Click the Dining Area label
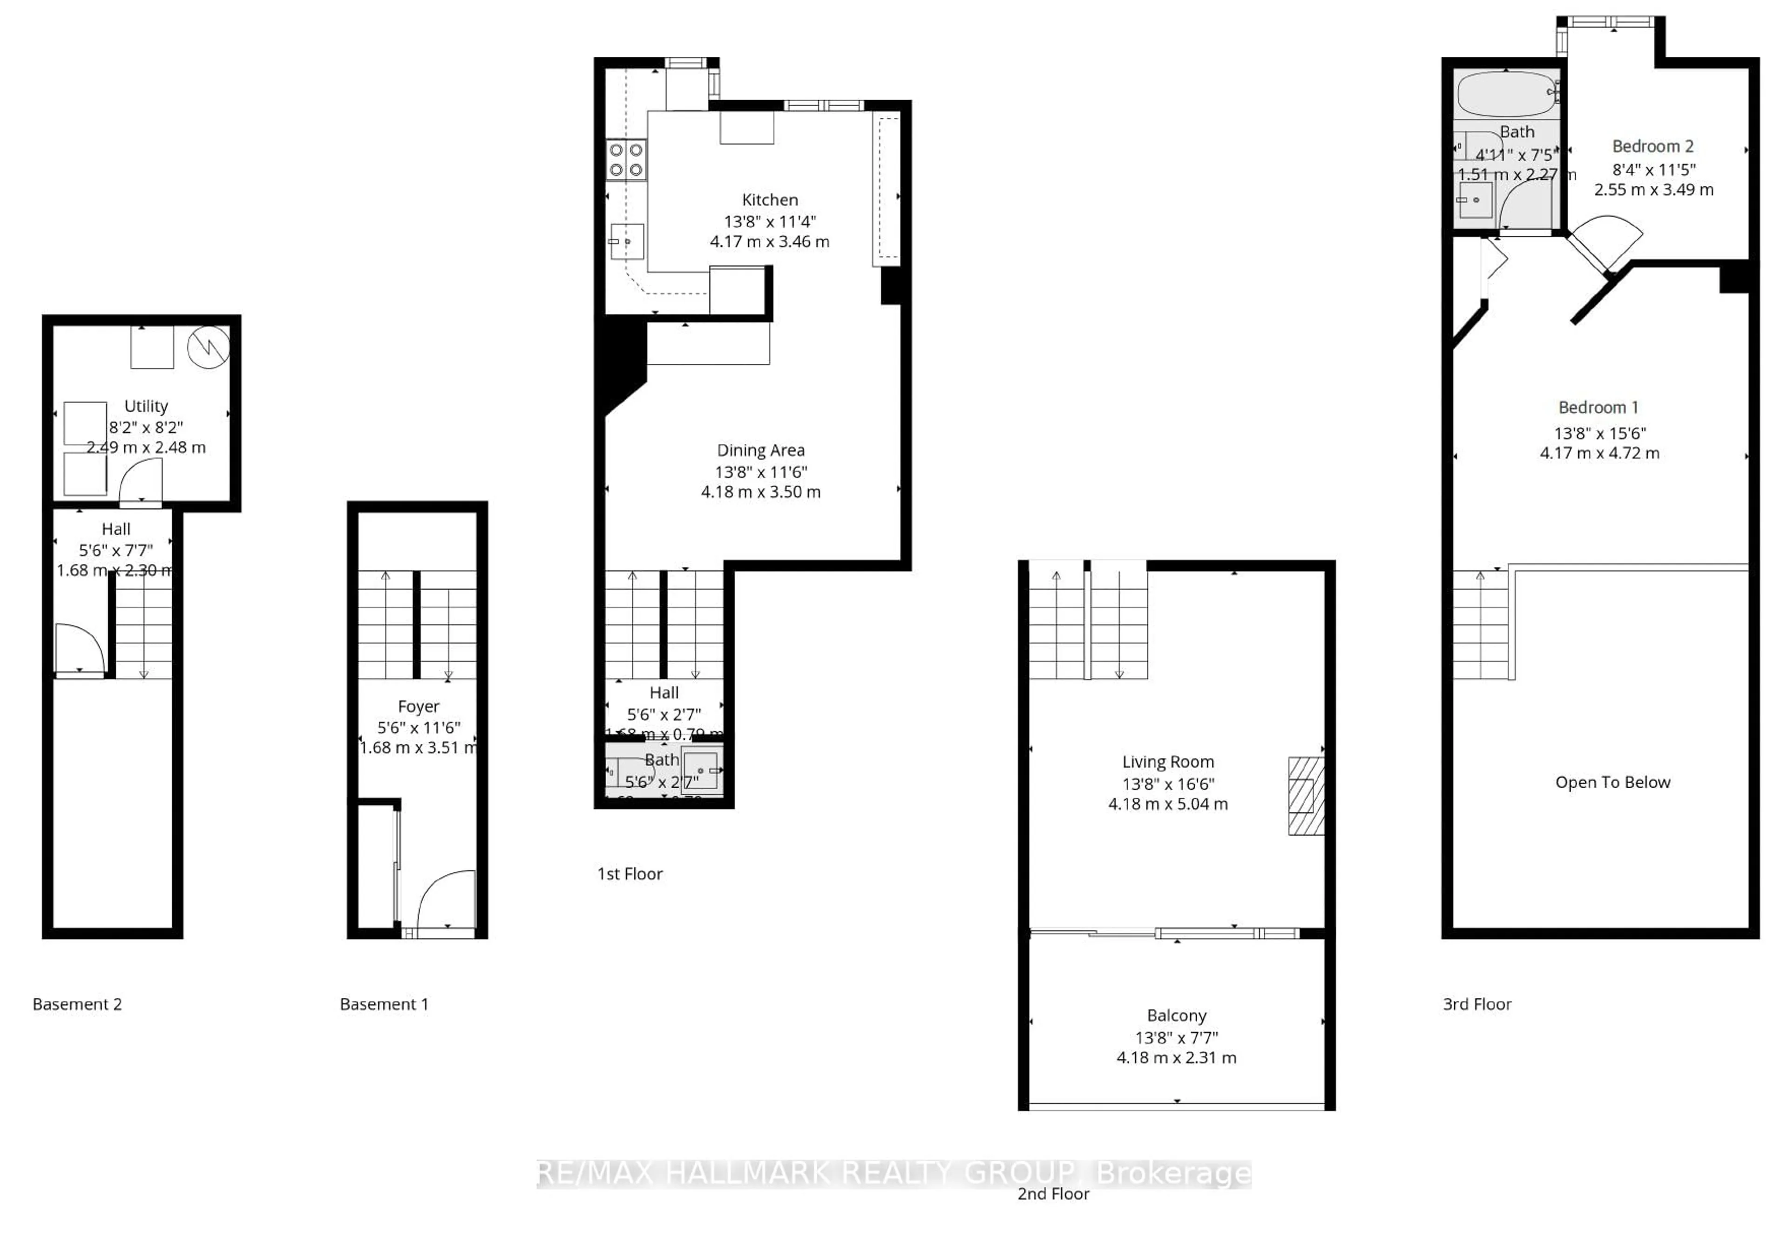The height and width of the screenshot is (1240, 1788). click(x=760, y=450)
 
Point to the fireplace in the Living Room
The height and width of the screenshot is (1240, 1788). click(x=1306, y=796)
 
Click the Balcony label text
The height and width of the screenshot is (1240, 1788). click(x=1176, y=1015)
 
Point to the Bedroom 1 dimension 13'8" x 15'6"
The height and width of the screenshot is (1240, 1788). click(x=1599, y=434)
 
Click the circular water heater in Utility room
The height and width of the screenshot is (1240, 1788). click(x=208, y=347)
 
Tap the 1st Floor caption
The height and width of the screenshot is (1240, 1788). click(x=629, y=873)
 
